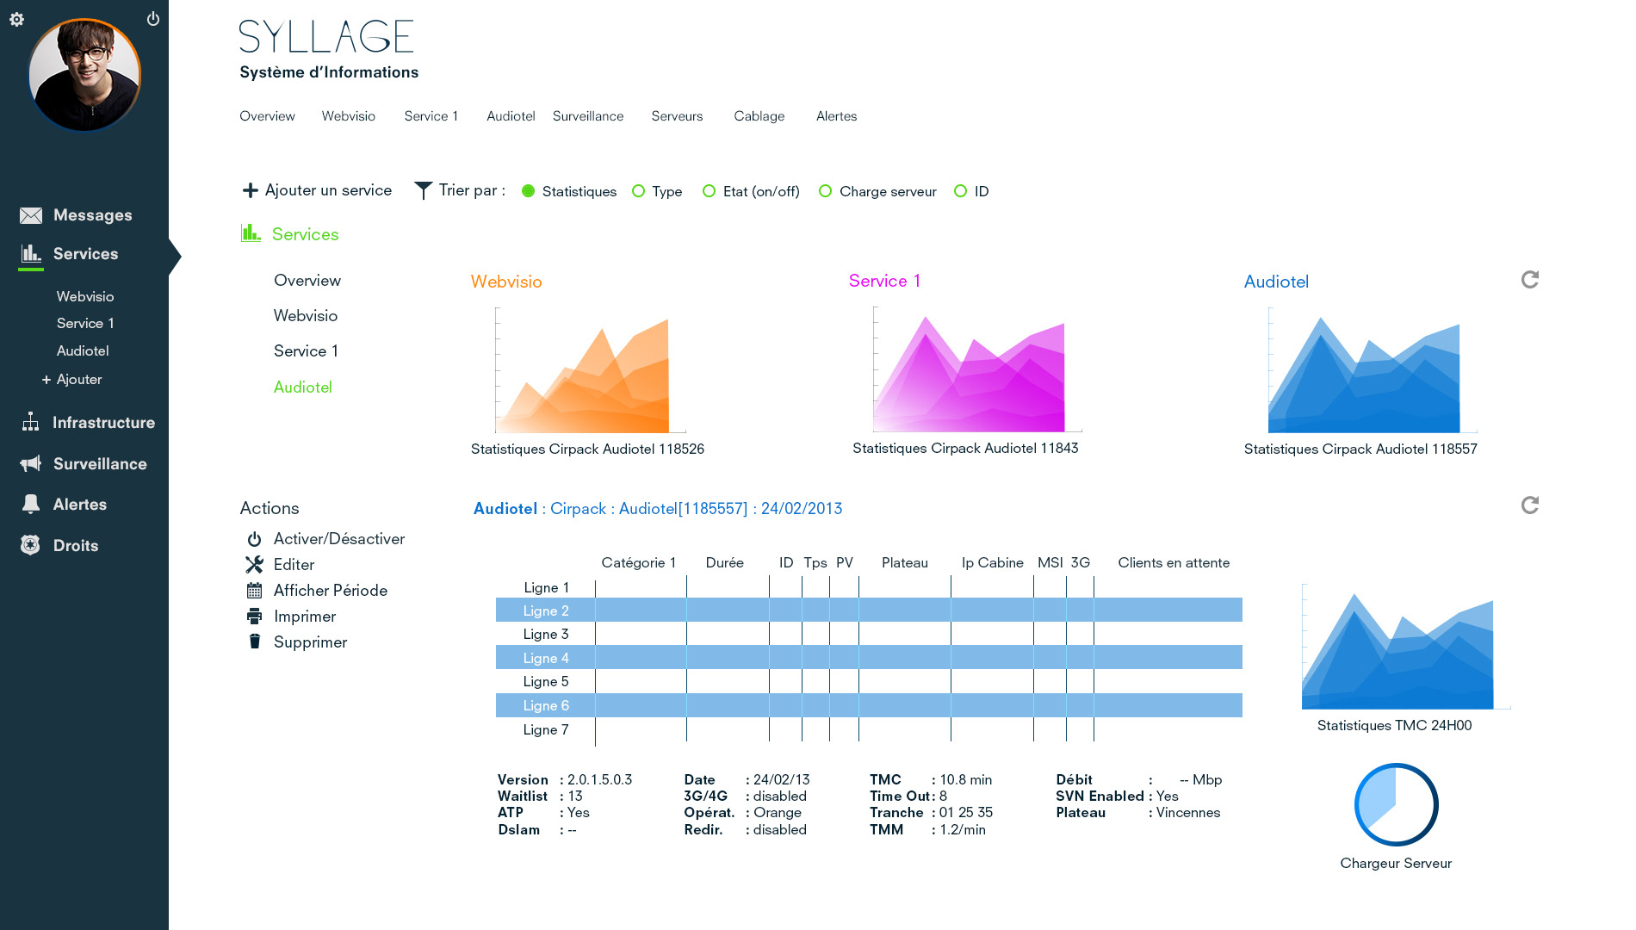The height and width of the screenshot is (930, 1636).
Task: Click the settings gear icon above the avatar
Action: coord(16,19)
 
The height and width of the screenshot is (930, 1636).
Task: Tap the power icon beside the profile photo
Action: coord(153,18)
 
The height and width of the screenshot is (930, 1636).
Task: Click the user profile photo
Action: coord(84,75)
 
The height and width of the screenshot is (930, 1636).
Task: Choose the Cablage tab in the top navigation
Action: coord(759,116)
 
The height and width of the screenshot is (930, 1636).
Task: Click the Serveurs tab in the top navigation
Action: coord(677,116)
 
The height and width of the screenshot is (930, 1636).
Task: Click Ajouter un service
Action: coord(317,190)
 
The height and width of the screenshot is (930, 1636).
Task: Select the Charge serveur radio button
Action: coord(825,191)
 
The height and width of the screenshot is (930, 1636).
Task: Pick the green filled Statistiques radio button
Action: coord(529,191)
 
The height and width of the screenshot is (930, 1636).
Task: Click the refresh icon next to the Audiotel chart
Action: coord(1530,280)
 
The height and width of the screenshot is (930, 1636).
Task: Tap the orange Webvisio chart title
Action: coord(506,282)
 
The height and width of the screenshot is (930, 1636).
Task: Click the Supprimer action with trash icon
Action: coord(296,642)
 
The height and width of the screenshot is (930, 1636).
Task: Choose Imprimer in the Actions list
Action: coord(291,617)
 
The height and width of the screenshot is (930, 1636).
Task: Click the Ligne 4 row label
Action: coord(546,658)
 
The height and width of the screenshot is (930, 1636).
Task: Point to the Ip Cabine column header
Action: coord(993,563)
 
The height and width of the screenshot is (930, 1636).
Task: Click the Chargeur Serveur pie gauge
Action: coord(1396,805)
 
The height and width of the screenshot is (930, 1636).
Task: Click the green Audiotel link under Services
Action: coord(302,387)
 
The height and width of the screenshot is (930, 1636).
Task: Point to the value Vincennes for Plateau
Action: coord(1188,813)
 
